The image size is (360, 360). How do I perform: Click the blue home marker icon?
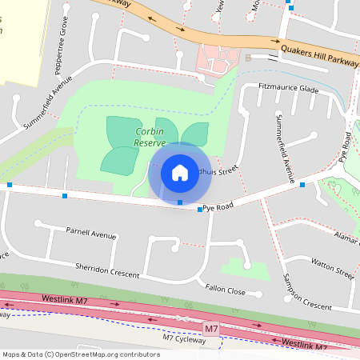click(180, 172)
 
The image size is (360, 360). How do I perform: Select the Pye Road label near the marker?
click(218, 207)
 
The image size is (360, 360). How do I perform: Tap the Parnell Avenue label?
click(91, 235)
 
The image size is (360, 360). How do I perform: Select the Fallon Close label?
click(225, 291)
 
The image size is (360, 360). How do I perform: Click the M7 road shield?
click(210, 329)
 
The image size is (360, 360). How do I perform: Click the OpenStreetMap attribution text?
click(80, 354)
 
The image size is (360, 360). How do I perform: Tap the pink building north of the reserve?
click(218, 58)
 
